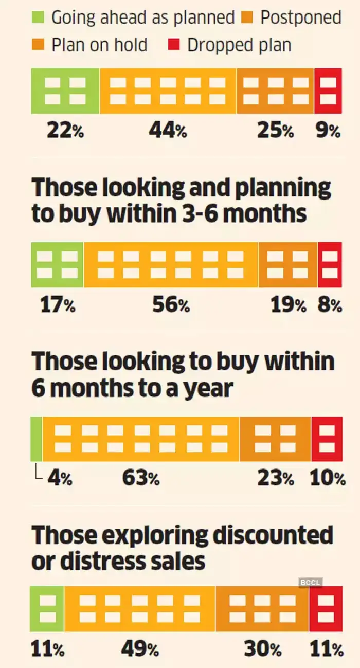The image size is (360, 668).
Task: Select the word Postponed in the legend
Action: coord(300,18)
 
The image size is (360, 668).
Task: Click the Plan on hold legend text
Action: coord(99,45)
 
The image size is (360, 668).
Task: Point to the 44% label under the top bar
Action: coord(168,131)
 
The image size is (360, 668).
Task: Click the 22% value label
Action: coord(65,131)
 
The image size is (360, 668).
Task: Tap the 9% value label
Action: coord(328,131)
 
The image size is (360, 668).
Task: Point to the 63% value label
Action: coord(140,479)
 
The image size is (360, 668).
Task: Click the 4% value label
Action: coord(60,479)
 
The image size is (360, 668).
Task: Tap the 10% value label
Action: coord(328,479)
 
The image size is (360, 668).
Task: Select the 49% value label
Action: coord(140,649)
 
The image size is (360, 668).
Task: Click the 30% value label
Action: coord(262,649)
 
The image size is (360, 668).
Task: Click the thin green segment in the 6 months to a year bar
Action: coord(37,439)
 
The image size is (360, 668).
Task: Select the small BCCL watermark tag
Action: coord(310,582)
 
